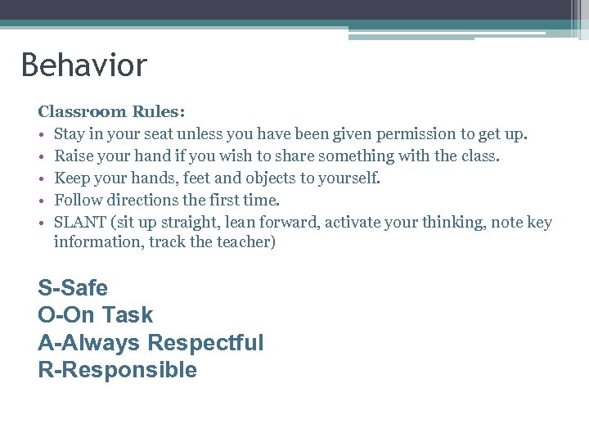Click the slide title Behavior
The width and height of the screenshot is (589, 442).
(x=83, y=65)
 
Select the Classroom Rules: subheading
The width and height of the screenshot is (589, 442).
(x=112, y=111)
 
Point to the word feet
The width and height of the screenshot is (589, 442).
(x=200, y=178)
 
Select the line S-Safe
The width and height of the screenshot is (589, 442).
(x=73, y=288)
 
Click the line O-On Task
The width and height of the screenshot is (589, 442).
(x=95, y=315)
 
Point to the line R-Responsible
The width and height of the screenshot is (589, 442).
(x=117, y=370)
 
